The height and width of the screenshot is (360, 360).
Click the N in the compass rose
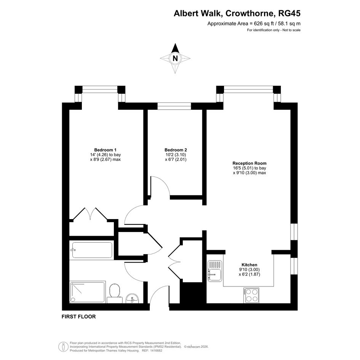(175, 58)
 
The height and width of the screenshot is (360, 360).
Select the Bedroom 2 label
(176, 150)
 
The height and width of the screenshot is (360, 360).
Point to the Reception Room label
(250, 163)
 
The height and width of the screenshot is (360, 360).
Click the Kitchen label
(250, 265)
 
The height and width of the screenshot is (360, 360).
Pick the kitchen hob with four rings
(251, 295)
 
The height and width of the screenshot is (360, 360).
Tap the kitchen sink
(215, 271)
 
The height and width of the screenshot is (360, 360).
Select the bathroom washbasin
(133, 298)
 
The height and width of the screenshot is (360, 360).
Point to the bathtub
(92, 250)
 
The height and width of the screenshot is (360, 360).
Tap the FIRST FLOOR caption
(78, 317)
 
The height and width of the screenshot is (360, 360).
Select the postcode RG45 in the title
(289, 13)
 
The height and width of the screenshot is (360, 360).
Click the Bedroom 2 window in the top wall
(174, 106)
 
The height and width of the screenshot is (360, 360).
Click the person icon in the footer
(63, 347)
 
